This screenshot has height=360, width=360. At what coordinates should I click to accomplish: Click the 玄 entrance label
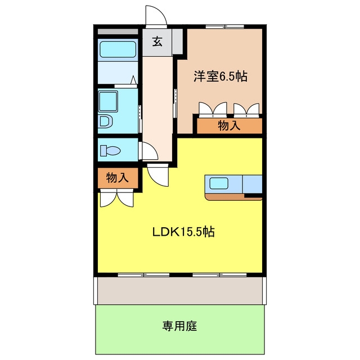157,42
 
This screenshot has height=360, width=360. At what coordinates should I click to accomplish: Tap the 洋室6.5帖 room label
220,76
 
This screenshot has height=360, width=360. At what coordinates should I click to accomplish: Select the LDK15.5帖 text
184,232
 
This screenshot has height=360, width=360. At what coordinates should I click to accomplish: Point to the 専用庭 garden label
180,326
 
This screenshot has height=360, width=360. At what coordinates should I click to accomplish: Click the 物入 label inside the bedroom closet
229,125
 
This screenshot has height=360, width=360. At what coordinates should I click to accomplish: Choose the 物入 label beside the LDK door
118,178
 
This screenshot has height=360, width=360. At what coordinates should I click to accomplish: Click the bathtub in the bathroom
118,49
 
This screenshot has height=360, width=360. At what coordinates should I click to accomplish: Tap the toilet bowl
110,151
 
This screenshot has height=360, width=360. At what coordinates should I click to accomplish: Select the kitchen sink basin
219,183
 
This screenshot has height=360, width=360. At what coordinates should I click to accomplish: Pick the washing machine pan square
108,101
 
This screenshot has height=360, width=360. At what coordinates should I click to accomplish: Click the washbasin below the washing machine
106,121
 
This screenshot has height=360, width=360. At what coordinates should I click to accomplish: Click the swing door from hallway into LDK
157,175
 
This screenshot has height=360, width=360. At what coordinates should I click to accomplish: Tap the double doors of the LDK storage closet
117,198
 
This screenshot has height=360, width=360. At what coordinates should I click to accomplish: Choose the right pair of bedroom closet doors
246,109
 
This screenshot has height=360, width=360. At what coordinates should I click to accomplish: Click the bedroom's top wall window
224,26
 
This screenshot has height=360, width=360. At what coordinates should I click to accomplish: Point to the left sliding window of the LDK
144,274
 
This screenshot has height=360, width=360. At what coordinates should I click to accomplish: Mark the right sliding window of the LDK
219,274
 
